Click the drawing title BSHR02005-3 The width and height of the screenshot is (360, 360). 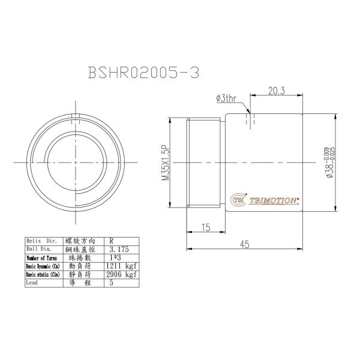coord(143,72)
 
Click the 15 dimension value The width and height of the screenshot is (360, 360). coord(206,227)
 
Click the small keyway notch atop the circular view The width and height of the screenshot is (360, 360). coord(74,116)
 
